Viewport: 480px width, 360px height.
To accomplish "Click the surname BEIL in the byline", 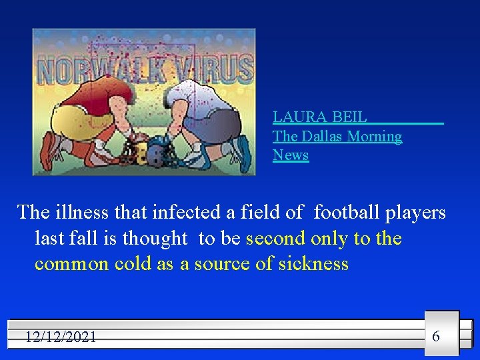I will (x=349, y=117).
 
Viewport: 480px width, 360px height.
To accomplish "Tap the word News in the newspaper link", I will (x=291, y=155).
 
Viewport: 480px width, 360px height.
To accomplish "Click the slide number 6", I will (x=436, y=335).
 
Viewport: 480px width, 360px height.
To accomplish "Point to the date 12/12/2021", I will (x=61, y=337).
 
